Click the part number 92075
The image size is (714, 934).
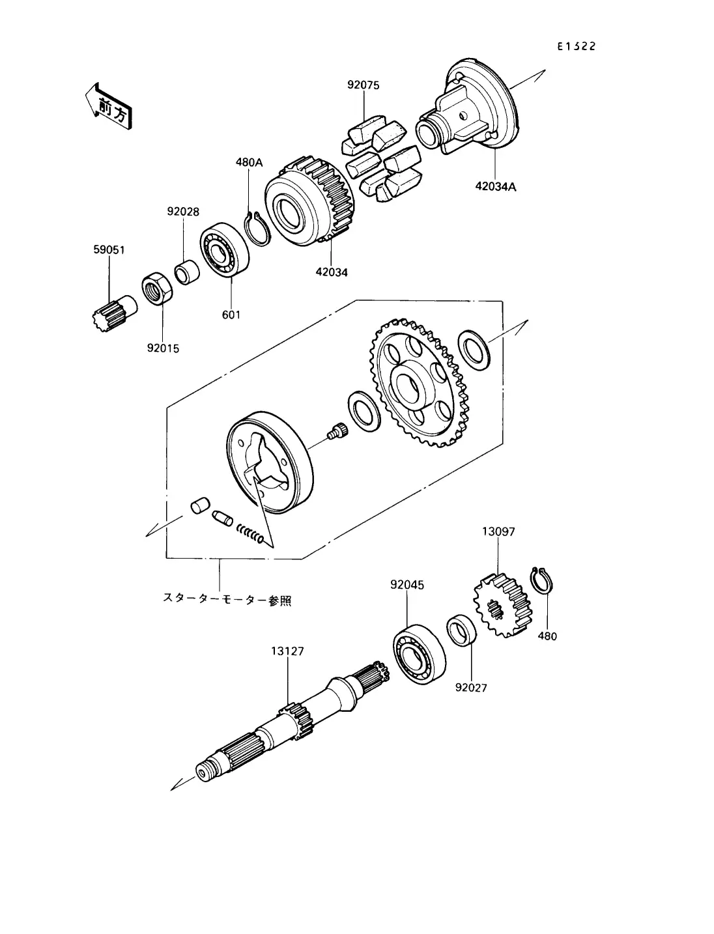(x=363, y=85)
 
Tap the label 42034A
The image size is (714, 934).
(x=495, y=186)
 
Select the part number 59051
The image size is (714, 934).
(x=109, y=249)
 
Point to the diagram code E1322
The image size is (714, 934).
(x=577, y=46)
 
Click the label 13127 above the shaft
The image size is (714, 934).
(x=288, y=651)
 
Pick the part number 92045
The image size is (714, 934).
(x=407, y=585)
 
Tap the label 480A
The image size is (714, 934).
(x=250, y=162)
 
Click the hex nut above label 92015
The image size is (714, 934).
(x=156, y=288)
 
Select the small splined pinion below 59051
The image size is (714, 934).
(x=115, y=313)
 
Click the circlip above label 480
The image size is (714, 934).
(x=541, y=580)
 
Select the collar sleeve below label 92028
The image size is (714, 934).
(x=187, y=273)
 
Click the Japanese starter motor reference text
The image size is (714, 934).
(x=227, y=599)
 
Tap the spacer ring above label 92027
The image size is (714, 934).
(x=462, y=630)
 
